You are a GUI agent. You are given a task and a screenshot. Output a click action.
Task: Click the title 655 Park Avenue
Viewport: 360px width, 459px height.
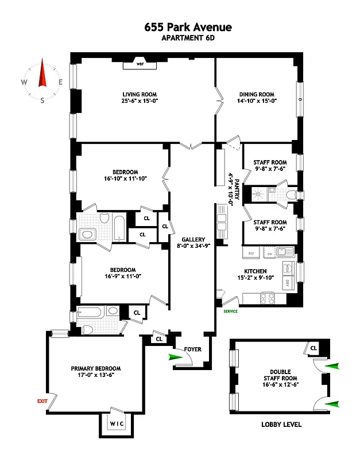[x=180, y=27]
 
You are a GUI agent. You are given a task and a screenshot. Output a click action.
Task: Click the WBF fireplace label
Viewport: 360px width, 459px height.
[x=140, y=64]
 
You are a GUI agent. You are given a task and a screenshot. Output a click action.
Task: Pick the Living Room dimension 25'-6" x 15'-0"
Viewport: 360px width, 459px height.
[x=140, y=103]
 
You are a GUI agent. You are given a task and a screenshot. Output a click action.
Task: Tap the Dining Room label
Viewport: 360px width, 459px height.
[x=256, y=95]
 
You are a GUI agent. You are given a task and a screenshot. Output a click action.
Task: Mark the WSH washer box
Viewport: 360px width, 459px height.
[x=286, y=269]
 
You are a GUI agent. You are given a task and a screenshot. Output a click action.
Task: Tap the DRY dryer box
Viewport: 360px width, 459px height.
[x=286, y=282]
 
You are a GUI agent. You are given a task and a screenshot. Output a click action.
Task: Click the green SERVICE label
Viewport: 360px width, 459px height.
[x=230, y=311]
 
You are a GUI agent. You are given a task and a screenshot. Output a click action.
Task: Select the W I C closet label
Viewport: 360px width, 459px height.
[x=117, y=425]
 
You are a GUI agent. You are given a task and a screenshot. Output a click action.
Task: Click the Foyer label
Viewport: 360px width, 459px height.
[x=191, y=349]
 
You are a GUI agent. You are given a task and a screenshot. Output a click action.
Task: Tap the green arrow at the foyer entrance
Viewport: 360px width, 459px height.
[x=175, y=357]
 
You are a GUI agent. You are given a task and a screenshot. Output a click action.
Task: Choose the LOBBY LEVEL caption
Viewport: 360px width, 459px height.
[x=280, y=425]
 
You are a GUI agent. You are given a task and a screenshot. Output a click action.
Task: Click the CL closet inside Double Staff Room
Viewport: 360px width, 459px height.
[x=313, y=348]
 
